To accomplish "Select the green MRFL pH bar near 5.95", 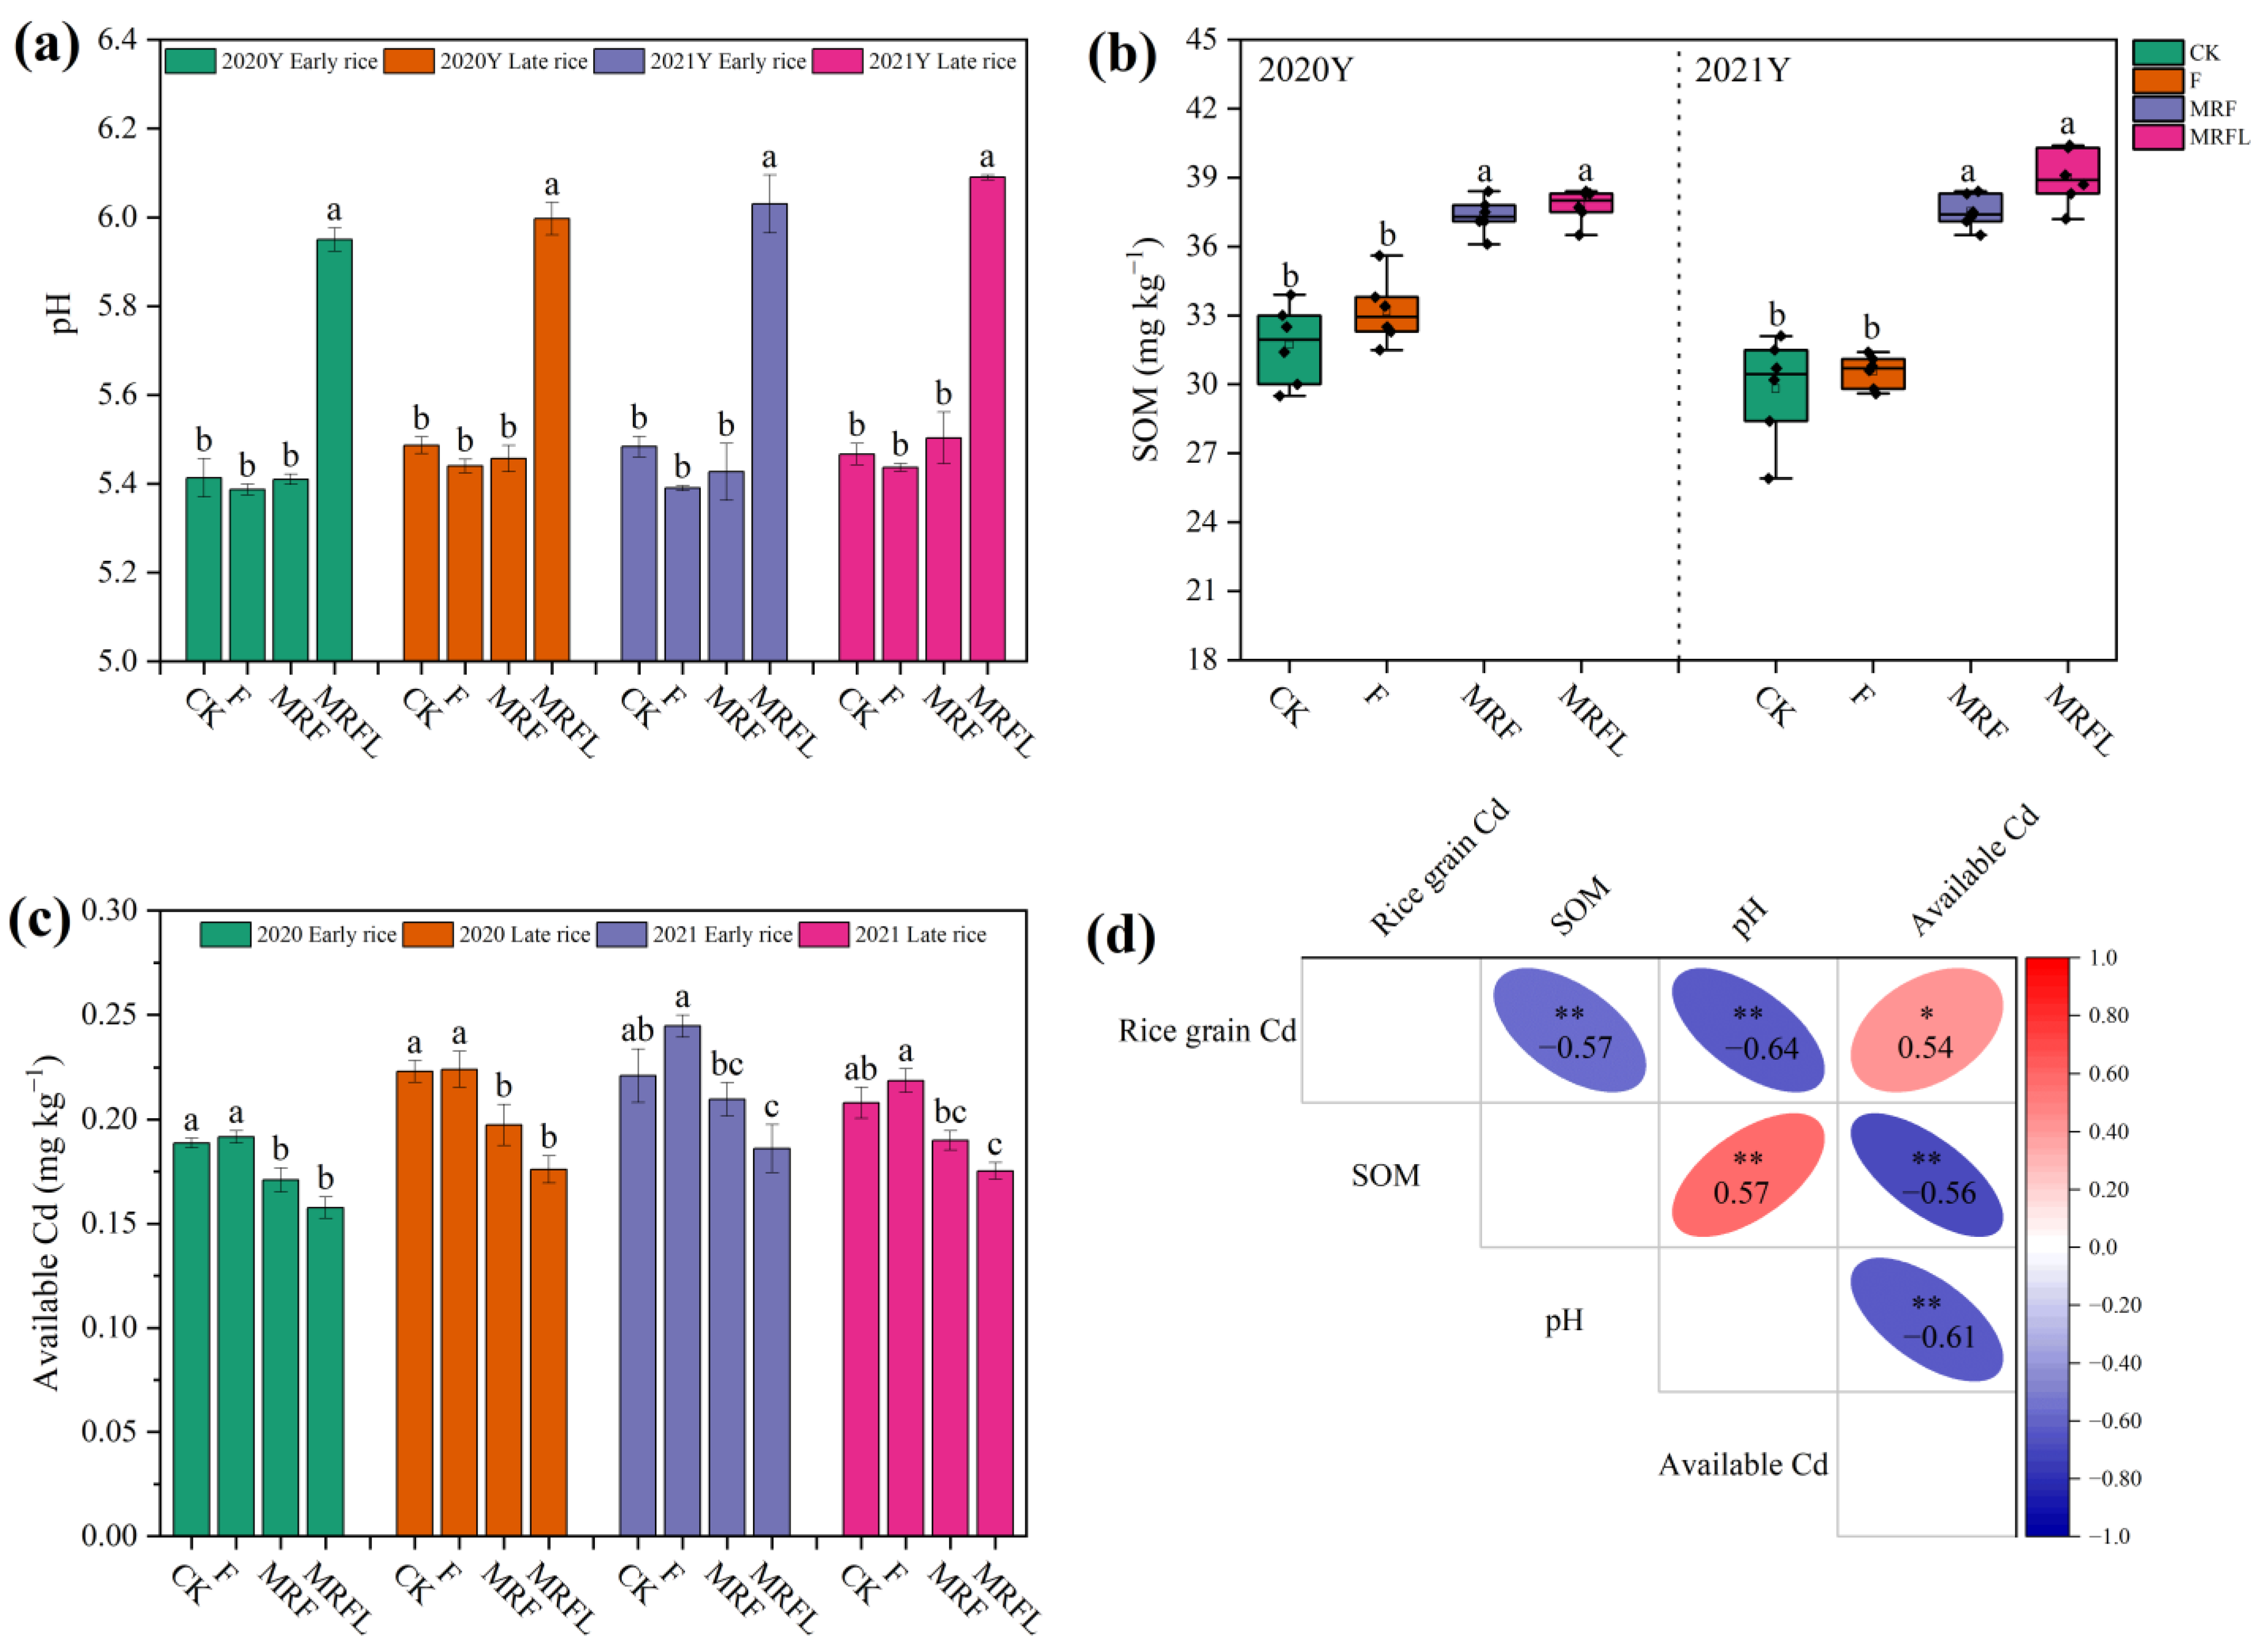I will (x=335, y=450).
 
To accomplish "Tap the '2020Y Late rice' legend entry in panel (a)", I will (x=512, y=62).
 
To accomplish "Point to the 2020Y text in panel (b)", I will (x=1305, y=71).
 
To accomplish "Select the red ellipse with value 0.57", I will (x=1748, y=1175).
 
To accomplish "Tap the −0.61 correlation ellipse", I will (x=1926, y=1320).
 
